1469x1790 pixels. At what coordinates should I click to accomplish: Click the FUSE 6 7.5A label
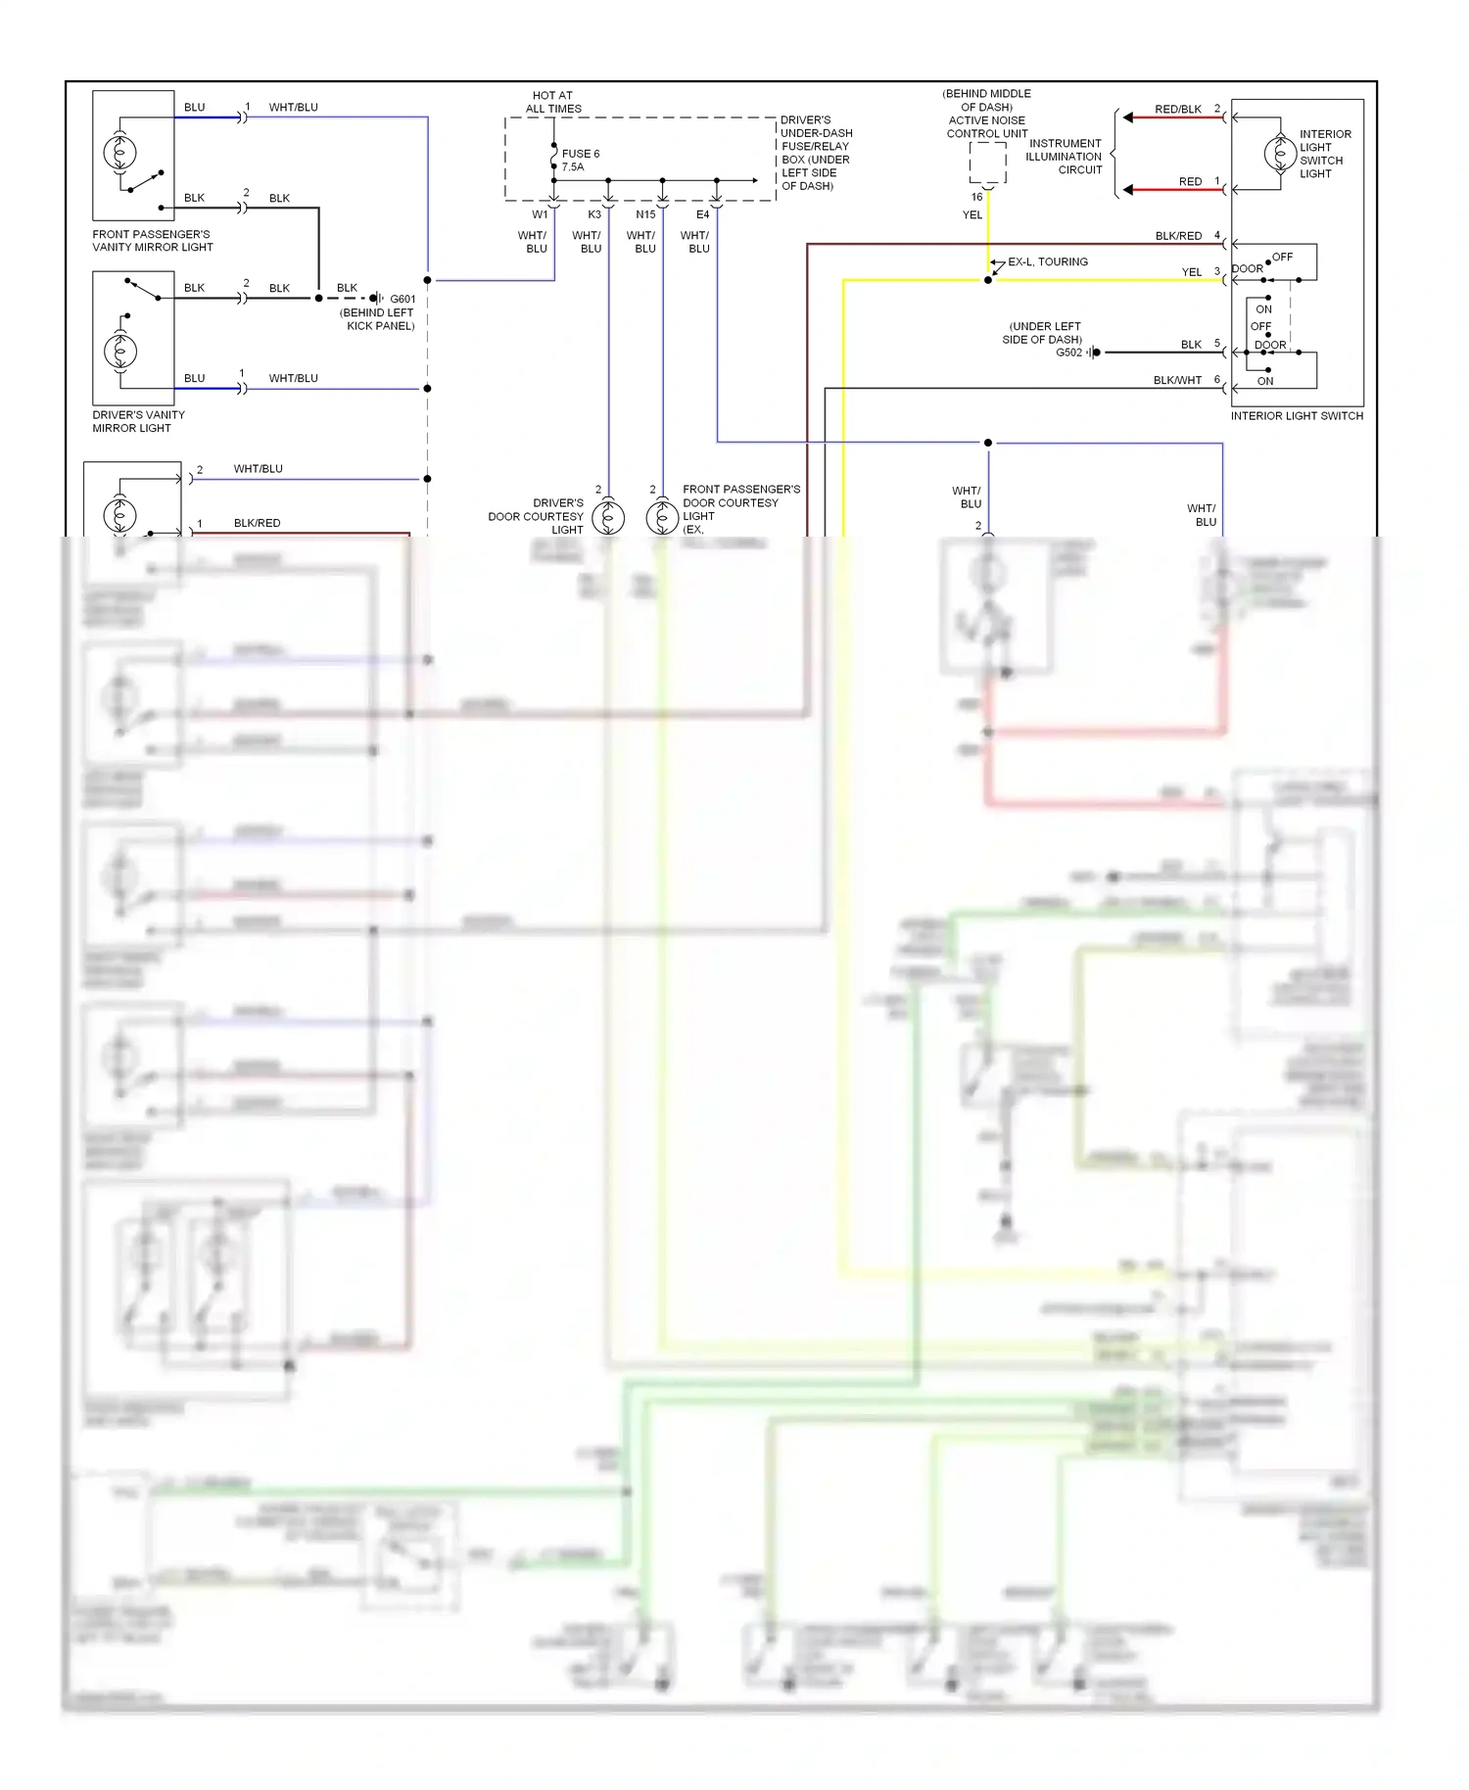(x=580, y=161)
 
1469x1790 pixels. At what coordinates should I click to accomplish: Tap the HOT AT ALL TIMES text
(x=553, y=103)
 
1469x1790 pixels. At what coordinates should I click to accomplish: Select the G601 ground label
(x=403, y=300)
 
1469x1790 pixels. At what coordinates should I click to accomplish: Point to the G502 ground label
(x=1068, y=353)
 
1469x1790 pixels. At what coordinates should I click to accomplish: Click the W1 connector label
(x=540, y=214)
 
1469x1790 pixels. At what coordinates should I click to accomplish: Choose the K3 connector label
(x=594, y=214)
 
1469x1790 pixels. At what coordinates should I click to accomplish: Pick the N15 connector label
(x=645, y=214)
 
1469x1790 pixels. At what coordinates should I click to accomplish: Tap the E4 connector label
(x=702, y=214)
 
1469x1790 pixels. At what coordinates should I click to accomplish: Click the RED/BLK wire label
(x=1177, y=110)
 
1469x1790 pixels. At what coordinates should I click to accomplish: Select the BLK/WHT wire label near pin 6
(x=1177, y=381)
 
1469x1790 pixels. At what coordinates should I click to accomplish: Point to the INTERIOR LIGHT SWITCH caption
(x=1297, y=416)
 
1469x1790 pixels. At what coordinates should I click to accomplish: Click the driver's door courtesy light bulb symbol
(x=608, y=516)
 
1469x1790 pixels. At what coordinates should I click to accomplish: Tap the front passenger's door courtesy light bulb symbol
(x=662, y=516)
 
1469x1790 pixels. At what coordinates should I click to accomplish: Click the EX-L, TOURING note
(x=1048, y=262)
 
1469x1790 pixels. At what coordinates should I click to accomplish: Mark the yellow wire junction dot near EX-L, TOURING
(x=988, y=280)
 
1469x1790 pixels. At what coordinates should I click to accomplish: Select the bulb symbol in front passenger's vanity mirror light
(x=119, y=152)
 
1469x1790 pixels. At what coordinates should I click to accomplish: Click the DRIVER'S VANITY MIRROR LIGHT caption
(x=138, y=422)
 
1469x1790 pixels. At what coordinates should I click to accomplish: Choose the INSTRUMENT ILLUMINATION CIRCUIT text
(x=1065, y=157)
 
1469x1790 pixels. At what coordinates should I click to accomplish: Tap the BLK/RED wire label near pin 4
(x=1177, y=236)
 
